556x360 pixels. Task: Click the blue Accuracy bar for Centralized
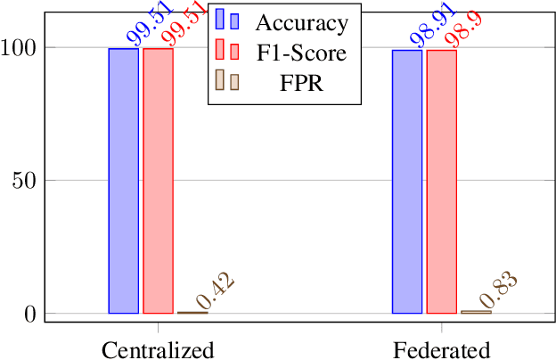tap(124, 181)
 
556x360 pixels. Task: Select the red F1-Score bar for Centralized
tap(158, 181)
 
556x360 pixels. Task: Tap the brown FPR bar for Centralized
tap(192, 312)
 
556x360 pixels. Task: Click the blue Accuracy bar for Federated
tap(407, 182)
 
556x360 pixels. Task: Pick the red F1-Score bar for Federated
tap(441, 182)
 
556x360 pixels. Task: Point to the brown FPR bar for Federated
tap(475, 312)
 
